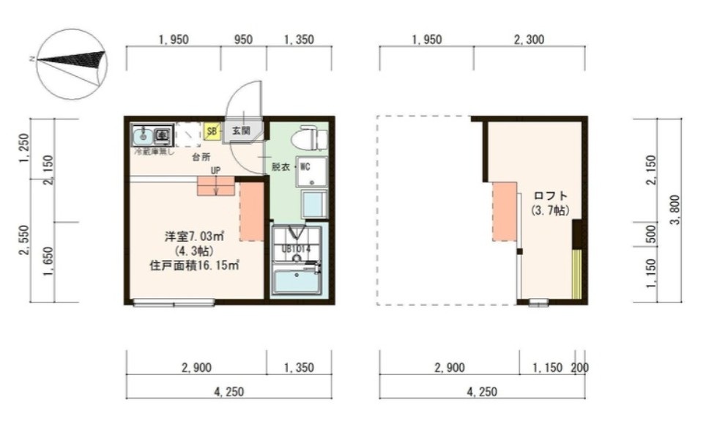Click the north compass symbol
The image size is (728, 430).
[72, 63]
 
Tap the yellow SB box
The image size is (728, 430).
[212, 132]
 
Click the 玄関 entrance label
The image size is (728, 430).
[241, 131]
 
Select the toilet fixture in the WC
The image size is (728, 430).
[308, 138]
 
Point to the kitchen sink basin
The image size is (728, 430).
[144, 135]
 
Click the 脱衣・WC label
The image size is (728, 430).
[291, 166]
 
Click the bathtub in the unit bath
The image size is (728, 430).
[296, 281]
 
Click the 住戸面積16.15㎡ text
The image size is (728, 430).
[193, 265]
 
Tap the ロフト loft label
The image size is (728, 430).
[550, 196]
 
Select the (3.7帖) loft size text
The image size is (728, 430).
[550, 210]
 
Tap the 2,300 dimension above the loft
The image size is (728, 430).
[529, 40]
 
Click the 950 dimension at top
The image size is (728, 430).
[244, 40]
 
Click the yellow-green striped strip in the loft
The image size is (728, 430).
[576, 275]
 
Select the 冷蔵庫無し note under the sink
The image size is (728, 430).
[154, 152]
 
